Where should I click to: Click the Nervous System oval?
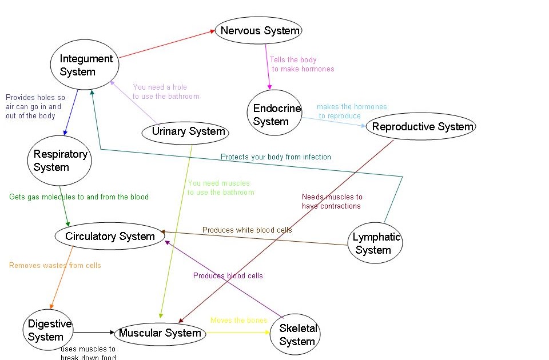point(258,30)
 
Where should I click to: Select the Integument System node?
point(85,65)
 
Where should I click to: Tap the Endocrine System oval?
point(275,115)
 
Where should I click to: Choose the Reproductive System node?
point(422,127)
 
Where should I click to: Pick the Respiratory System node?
point(59,161)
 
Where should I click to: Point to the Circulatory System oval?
point(109,236)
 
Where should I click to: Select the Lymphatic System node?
point(375,243)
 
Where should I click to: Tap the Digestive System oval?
point(49,330)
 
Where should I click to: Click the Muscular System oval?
point(160,333)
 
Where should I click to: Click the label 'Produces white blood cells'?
point(247,230)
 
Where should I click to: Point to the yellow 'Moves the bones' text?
point(238,321)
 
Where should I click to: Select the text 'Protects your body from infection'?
point(276,157)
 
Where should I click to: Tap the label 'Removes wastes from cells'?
point(55,265)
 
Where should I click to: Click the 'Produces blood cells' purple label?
point(228,275)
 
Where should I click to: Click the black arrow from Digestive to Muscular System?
point(94,332)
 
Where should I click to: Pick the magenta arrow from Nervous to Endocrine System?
point(268,66)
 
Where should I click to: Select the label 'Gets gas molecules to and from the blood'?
point(79,197)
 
